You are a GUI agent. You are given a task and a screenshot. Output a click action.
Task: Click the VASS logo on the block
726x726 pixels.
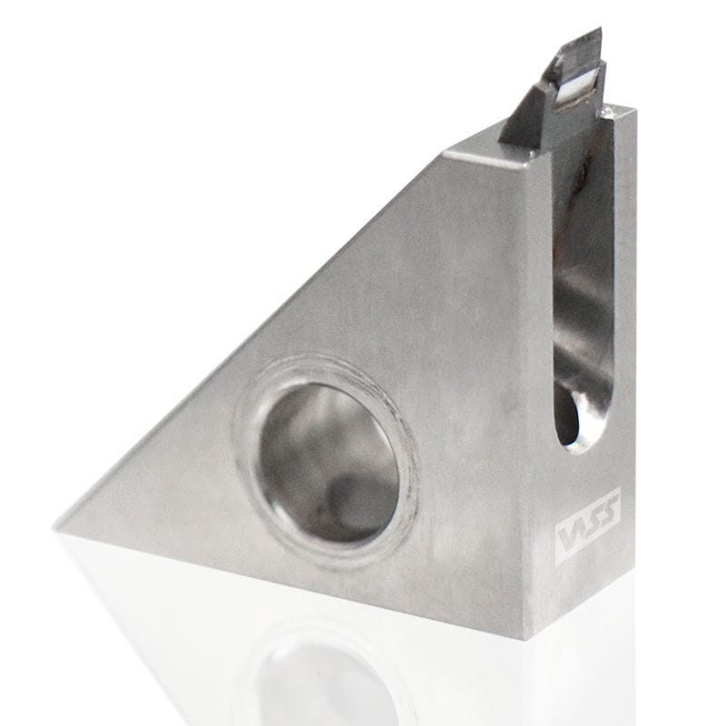(x=587, y=525)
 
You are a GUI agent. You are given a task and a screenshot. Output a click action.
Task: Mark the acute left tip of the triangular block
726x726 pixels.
(x=58, y=525)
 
